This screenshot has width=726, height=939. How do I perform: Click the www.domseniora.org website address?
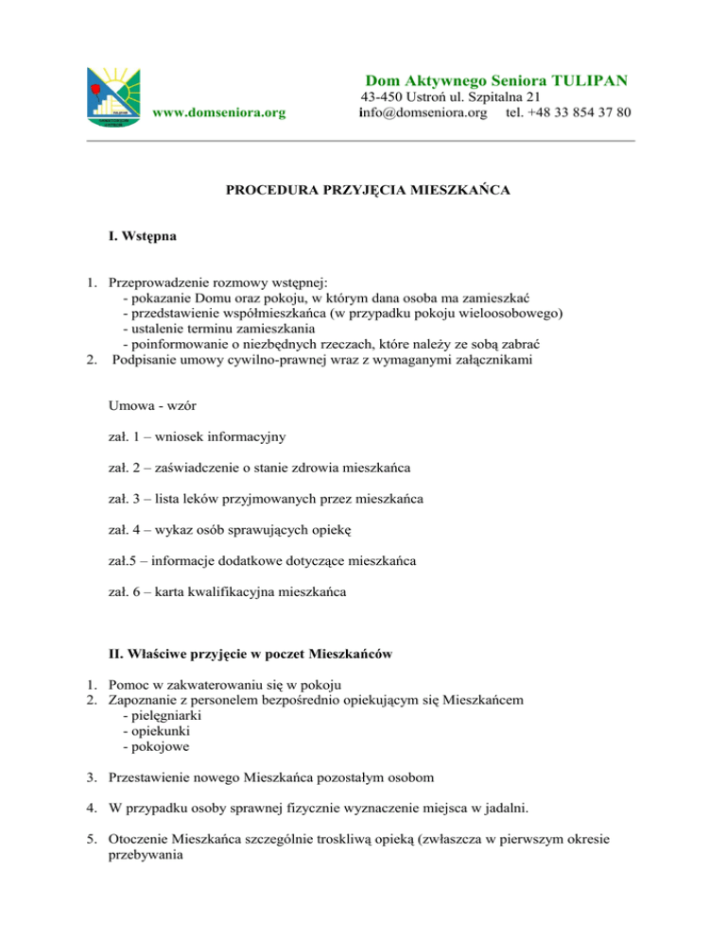pos(219,113)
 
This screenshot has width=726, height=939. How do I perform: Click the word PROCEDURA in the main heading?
pos(268,191)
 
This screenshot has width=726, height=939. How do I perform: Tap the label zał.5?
pos(124,561)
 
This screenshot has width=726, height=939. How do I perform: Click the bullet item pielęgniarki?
pos(167,716)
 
